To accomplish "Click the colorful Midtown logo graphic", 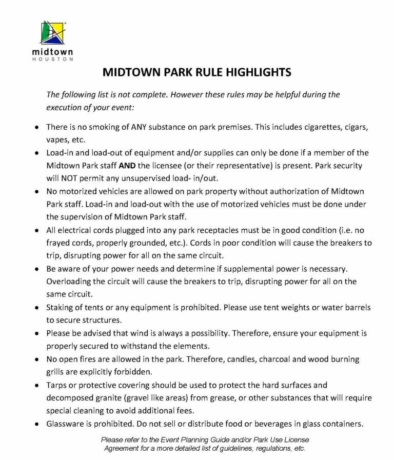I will coord(53,33).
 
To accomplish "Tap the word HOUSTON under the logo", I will coord(52,59).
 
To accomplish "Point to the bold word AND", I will coord(128,166).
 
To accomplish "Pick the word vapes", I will coord(56,139).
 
